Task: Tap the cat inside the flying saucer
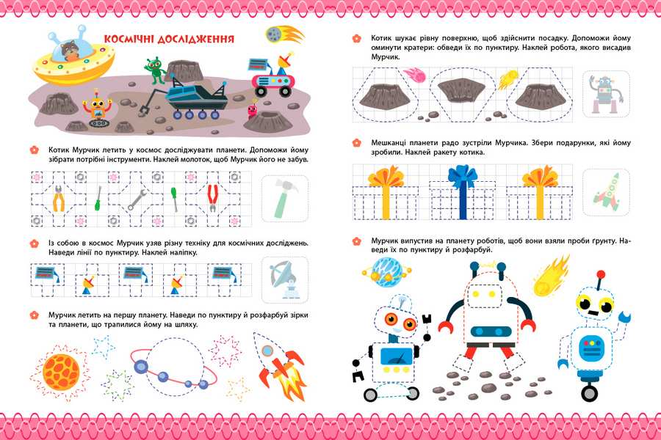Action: pyautogui.click(x=69, y=51)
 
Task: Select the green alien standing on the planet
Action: pyautogui.click(x=155, y=70)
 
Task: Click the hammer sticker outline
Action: pyautogui.click(x=285, y=198)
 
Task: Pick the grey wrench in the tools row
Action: pyautogui.click(x=137, y=199)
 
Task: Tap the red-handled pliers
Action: pyautogui.click(x=212, y=198)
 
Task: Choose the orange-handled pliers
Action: pyautogui.click(x=59, y=198)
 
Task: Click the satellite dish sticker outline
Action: pyautogui.click(x=285, y=279)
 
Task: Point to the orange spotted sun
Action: pyautogui.click(x=61, y=372)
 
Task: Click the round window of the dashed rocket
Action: pyautogui.click(x=267, y=351)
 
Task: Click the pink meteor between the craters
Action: pyautogui.click(x=414, y=76)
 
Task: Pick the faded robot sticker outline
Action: pyautogui.click(x=605, y=95)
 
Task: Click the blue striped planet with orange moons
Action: pyautogui.click(x=386, y=272)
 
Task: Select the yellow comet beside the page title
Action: pyautogui.click(x=284, y=34)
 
